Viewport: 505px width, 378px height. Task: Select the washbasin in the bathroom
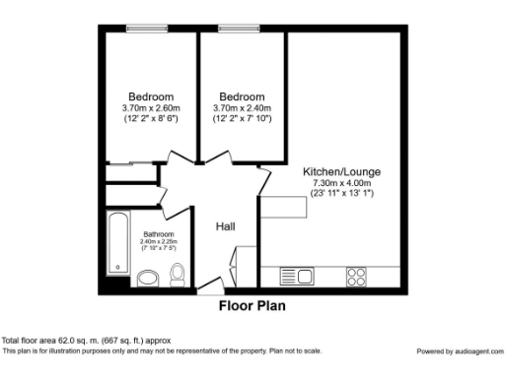pyautogui.click(x=147, y=278)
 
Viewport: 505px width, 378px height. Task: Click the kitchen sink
pyautogui.click(x=294, y=276)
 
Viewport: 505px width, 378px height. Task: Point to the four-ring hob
pyautogui.click(x=356, y=277)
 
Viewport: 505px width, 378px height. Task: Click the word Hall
pyautogui.click(x=226, y=227)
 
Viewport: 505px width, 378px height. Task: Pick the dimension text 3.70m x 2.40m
pyautogui.click(x=243, y=108)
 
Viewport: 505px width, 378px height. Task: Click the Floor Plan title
pyautogui.click(x=252, y=306)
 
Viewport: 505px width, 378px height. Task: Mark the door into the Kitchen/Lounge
pyautogui.click(x=263, y=183)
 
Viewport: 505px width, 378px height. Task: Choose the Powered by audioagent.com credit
pyautogui.click(x=458, y=351)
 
